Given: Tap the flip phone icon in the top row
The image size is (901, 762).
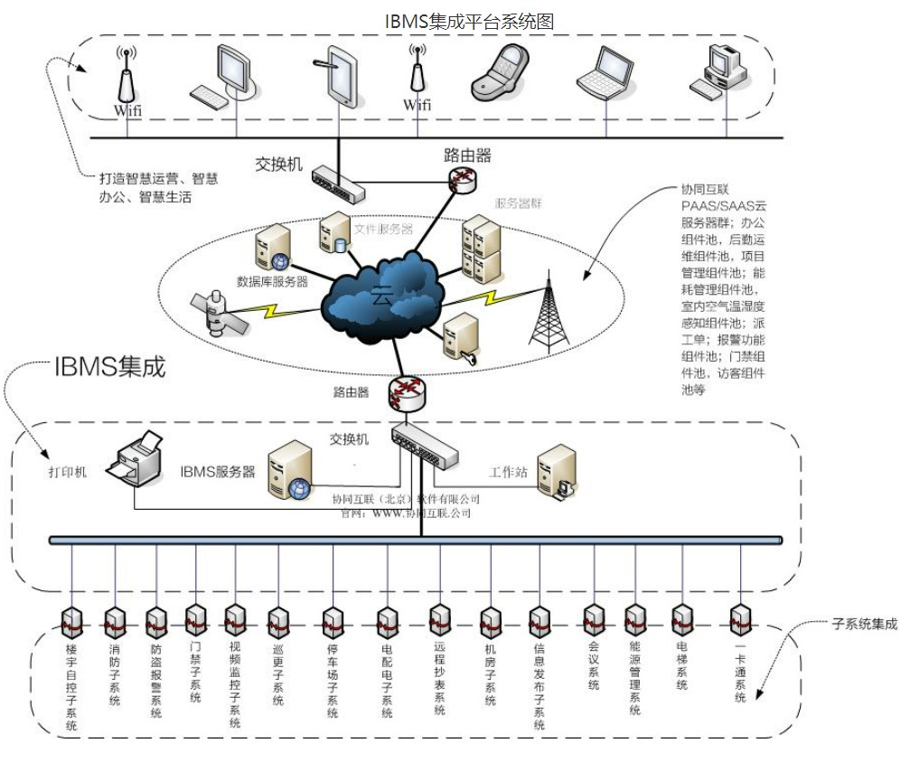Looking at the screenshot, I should pos(500,76).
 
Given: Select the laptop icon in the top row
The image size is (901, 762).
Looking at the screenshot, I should pos(605,74).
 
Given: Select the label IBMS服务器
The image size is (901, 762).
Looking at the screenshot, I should pos(218,471).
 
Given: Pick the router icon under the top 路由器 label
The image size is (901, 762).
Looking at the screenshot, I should pos(461,181).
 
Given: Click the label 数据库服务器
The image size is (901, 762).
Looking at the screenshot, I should pos(273,281).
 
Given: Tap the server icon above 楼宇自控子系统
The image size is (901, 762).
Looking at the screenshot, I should pos(71,621).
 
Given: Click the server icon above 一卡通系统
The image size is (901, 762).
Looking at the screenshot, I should pos(740,617).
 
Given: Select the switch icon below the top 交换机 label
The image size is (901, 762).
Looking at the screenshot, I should pos(338,184).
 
